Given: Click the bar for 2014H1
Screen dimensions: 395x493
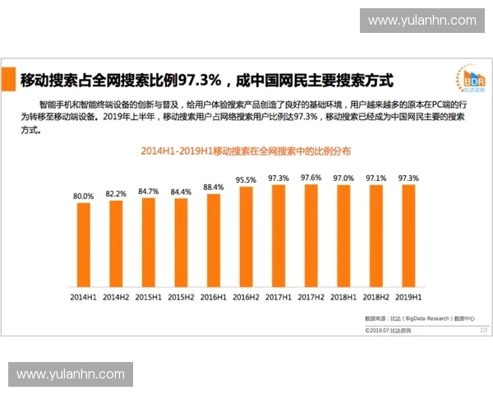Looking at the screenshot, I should (84, 244).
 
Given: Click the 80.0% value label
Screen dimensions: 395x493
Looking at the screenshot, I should (84, 197).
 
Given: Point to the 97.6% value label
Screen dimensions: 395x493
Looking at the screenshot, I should (311, 178).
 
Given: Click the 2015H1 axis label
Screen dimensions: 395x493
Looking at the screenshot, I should (149, 296).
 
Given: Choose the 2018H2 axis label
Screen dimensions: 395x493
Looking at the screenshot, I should (376, 296).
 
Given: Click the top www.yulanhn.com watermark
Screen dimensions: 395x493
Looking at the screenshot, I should (422, 20).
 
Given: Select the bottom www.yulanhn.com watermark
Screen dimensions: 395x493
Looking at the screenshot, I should (71, 374).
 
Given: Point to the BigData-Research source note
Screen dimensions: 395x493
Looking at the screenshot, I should (419, 318).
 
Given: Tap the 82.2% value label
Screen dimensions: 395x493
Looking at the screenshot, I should (116, 193).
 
